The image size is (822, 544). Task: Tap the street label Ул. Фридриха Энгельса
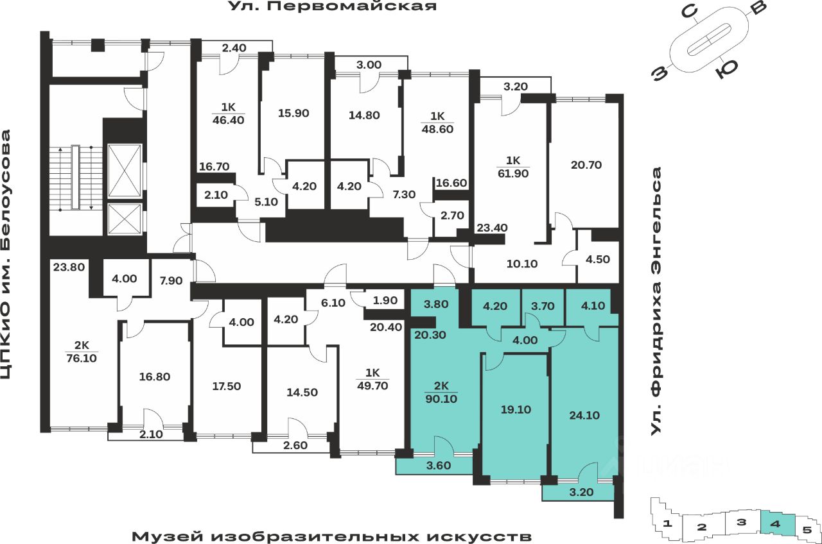pos(656,302)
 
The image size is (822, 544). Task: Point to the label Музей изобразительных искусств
pos(332,536)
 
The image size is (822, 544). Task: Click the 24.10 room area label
pos(584,415)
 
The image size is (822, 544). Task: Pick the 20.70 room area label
pos(586,164)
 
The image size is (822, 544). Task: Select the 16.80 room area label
pos(154,377)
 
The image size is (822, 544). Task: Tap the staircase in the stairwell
pos(76,178)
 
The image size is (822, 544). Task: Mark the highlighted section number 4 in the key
pos(776,524)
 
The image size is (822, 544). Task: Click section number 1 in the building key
pos(669,524)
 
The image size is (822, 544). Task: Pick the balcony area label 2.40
pos(234,47)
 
